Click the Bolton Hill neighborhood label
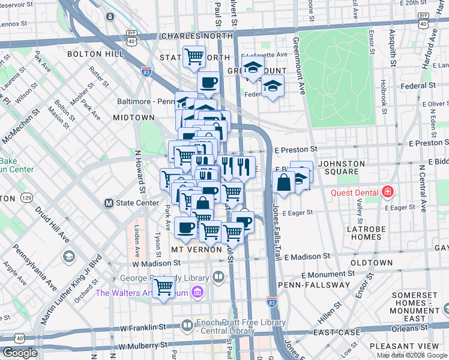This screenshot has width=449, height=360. (89, 54)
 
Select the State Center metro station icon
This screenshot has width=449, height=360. (109, 203)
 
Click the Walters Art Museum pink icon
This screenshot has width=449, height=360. (197, 293)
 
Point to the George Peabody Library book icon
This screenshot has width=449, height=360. (218, 278)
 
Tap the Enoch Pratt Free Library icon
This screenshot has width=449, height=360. (187, 325)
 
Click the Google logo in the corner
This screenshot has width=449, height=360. (20, 353)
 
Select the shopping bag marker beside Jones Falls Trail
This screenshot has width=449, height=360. (283, 182)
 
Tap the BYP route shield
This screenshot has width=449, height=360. (131, 34)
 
